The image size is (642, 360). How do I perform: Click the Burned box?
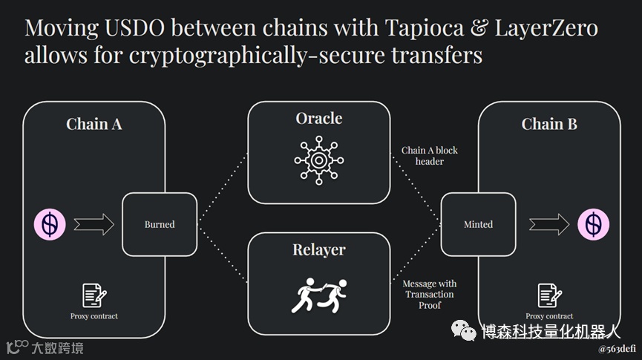(160, 224)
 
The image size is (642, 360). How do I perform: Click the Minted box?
(478, 224)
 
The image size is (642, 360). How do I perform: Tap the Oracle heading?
(319, 119)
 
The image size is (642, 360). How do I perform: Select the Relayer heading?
(319, 249)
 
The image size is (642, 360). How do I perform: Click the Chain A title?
(94, 124)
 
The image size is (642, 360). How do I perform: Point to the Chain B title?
(549, 124)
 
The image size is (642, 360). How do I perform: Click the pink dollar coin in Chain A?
(50, 224)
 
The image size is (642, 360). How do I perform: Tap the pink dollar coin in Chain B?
(593, 224)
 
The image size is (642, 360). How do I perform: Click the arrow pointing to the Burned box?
(94, 224)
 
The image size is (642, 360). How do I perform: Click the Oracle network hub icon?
(319, 159)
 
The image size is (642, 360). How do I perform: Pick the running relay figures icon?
(319, 294)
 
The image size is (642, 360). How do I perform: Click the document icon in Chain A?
(94, 295)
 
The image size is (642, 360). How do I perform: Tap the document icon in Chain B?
(549, 295)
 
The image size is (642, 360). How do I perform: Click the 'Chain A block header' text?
(430, 155)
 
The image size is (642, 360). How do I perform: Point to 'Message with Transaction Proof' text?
(430, 294)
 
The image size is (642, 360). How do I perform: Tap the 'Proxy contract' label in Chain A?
(94, 316)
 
